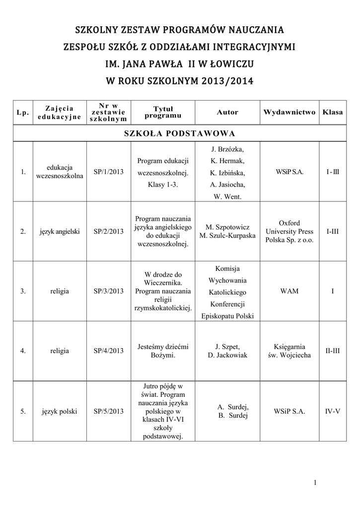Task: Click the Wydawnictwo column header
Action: [x=289, y=112]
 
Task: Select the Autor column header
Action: [x=227, y=112]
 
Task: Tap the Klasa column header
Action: [x=333, y=112]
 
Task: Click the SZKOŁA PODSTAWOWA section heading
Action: [x=180, y=133]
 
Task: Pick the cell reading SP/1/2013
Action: [x=108, y=172]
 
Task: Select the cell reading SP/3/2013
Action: [x=108, y=291]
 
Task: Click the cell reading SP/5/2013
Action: [x=108, y=411]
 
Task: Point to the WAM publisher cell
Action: [x=289, y=291]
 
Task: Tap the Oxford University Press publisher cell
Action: [x=289, y=231]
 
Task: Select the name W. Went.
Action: [x=227, y=197]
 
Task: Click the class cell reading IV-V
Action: [x=333, y=411]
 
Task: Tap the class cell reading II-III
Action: [x=333, y=351]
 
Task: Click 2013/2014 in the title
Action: [x=227, y=81]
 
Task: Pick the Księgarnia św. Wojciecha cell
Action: [x=289, y=351]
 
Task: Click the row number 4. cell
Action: [x=23, y=351]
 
